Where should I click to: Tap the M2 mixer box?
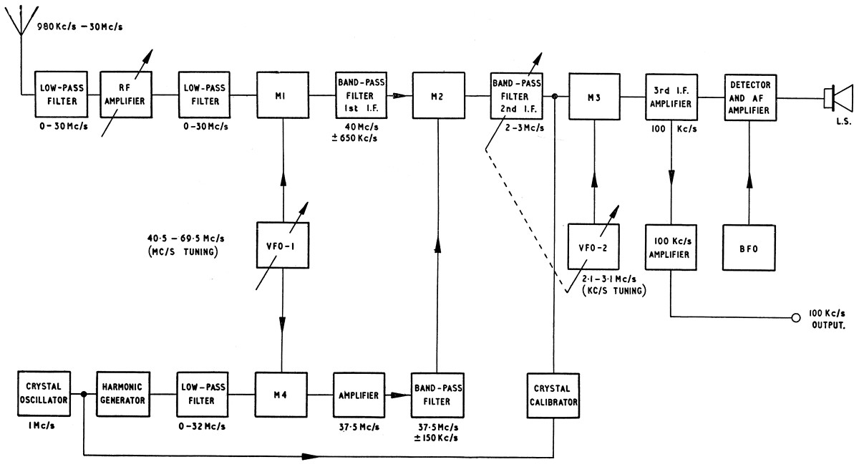(x=438, y=96)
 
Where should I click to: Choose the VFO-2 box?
(x=593, y=246)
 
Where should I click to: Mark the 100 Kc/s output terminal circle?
(x=795, y=317)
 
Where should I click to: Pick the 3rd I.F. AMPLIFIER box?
(x=671, y=95)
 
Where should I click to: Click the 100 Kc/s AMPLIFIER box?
(x=671, y=246)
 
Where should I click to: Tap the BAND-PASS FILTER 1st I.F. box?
(x=360, y=95)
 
